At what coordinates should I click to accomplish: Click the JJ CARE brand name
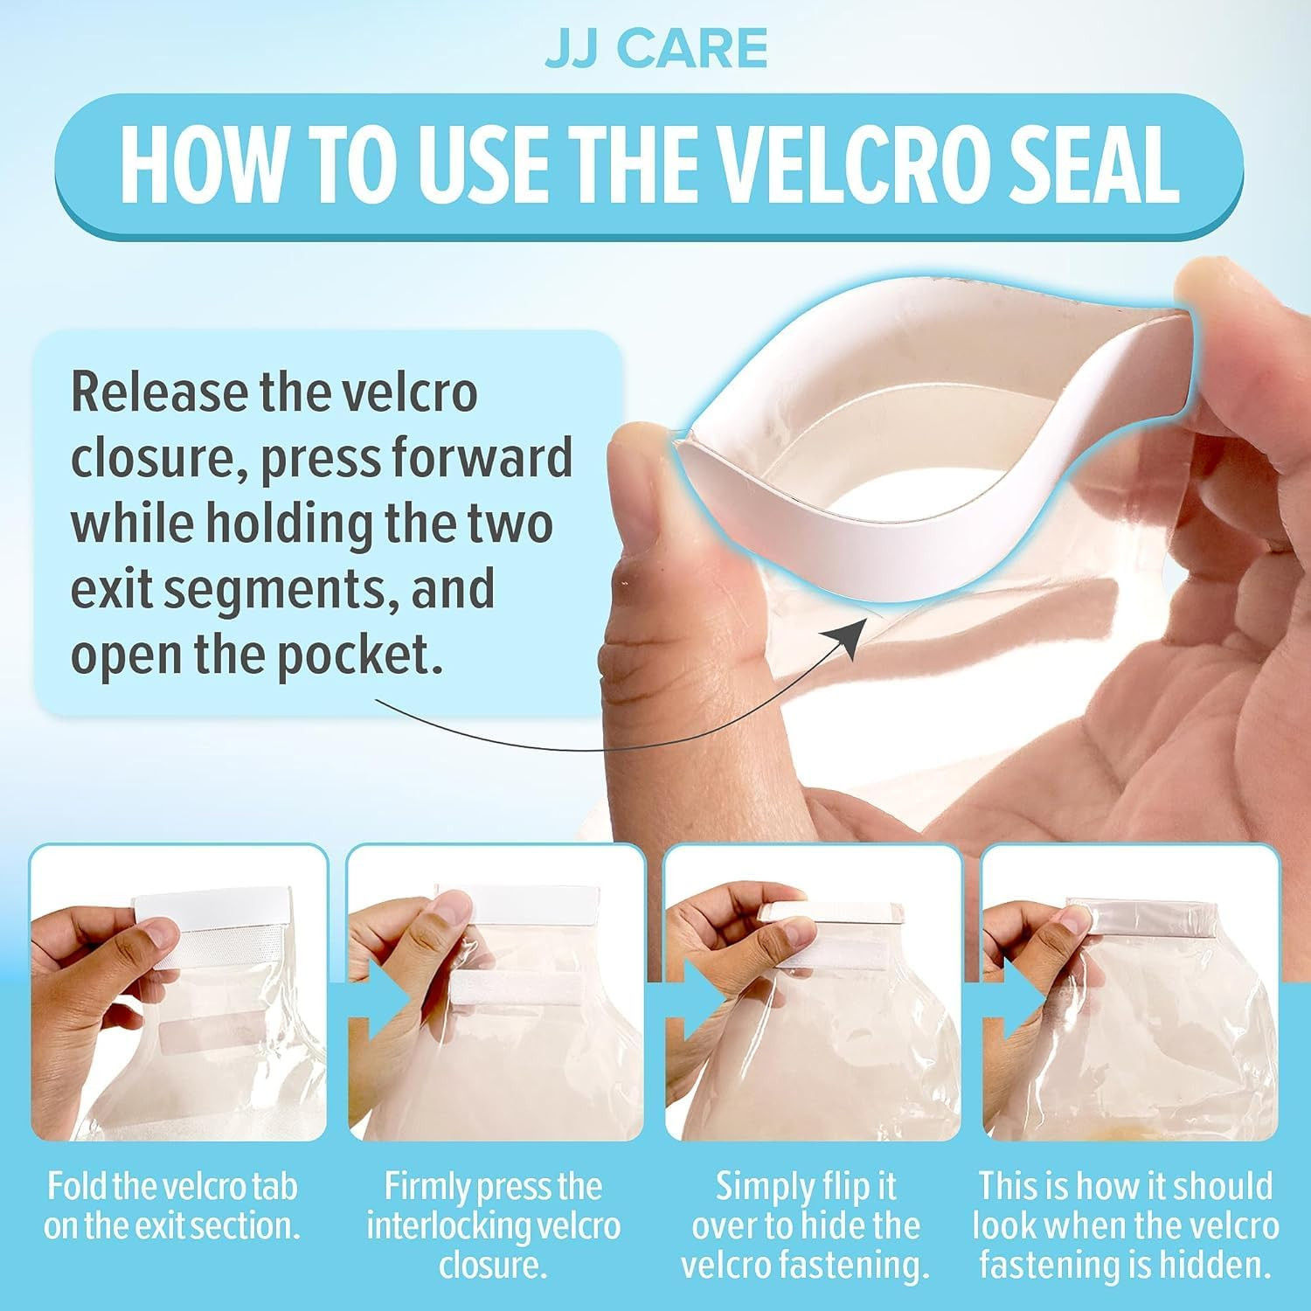656,49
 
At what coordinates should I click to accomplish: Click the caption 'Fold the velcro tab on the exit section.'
172,1205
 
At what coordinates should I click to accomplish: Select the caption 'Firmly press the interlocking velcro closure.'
493,1225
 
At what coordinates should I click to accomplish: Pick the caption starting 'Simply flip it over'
806,1225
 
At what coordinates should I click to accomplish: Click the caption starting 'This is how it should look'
1126,1225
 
